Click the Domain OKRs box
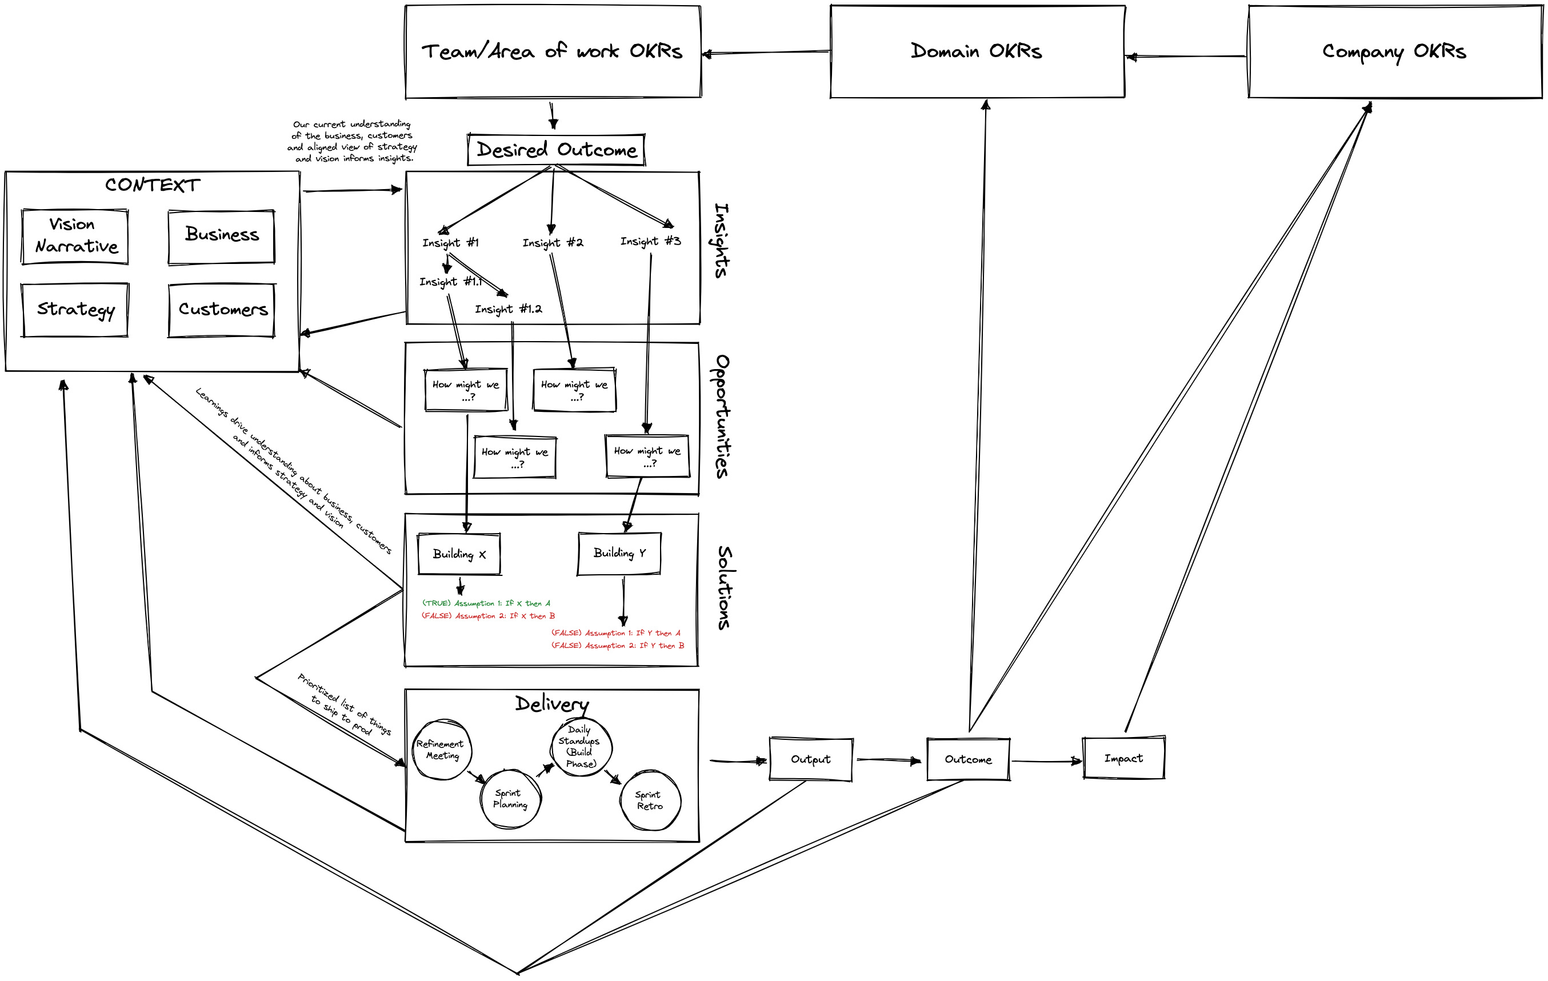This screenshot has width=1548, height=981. point(977,51)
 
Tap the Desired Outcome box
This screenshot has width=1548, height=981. point(556,150)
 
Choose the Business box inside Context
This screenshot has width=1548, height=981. point(222,236)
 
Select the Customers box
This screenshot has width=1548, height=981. point(222,310)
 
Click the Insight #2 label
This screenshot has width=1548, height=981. point(552,242)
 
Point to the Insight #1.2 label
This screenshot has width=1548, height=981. point(508,309)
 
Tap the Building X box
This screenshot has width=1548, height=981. point(459,554)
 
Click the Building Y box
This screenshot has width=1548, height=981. point(619,553)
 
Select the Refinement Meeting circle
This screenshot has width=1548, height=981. point(441,750)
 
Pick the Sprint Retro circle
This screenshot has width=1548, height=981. point(649,800)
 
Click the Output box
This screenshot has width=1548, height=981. point(811,759)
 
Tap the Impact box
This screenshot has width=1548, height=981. point(1123,759)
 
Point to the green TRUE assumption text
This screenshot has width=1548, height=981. point(486,603)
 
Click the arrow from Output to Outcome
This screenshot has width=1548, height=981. point(889,760)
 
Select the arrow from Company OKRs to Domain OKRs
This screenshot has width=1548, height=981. point(1186,57)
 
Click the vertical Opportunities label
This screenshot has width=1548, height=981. point(722,416)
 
